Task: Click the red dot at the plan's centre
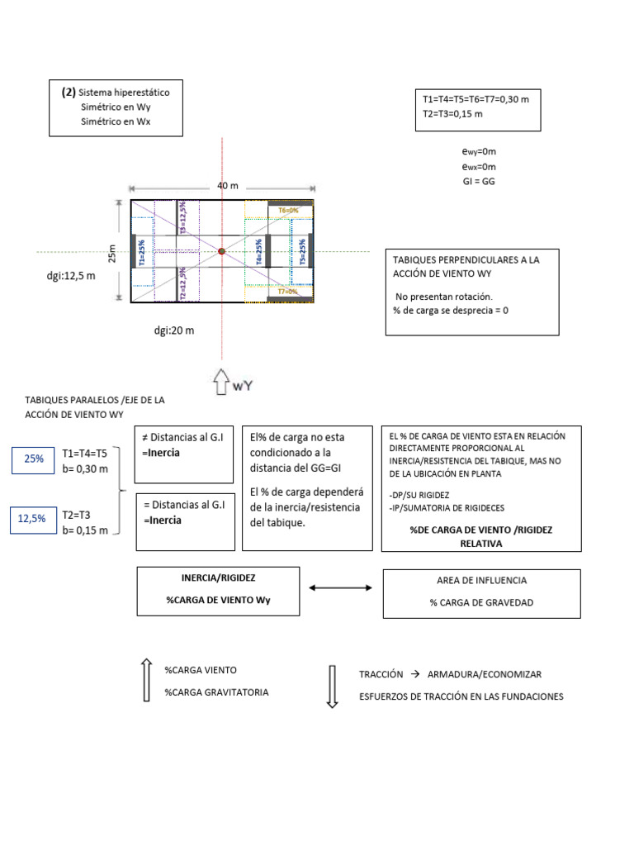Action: (x=221, y=250)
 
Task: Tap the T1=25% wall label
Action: (x=142, y=251)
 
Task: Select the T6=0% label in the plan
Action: (x=288, y=211)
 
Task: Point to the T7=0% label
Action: (x=288, y=292)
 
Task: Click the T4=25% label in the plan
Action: (x=259, y=251)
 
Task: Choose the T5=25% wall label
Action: (x=302, y=251)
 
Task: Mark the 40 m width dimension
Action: (x=228, y=186)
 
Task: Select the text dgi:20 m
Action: (x=173, y=330)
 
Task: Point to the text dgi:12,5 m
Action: (x=71, y=276)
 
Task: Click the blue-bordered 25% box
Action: (x=34, y=459)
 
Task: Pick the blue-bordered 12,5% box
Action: (x=34, y=519)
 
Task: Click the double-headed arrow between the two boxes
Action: (x=339, y=588)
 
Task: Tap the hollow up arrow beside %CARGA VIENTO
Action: (x=146, y=680)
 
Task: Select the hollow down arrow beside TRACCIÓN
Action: (x=333, y=687)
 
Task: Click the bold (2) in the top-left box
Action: (x=69, y=92)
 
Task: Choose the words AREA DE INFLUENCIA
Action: (x=481, y=581)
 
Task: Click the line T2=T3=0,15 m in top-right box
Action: (x=452, y=113)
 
